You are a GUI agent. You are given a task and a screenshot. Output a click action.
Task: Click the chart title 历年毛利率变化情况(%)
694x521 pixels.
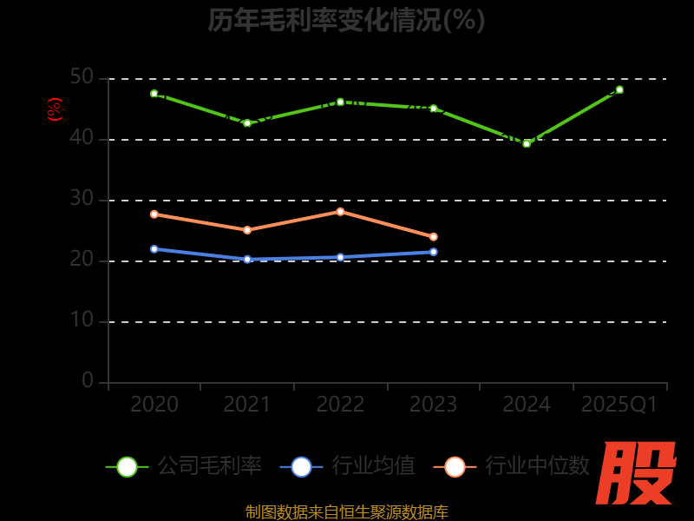point(346,19)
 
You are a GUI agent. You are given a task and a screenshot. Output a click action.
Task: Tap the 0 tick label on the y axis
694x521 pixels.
point(88,380)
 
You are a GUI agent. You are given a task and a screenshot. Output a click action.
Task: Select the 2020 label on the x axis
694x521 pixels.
point(154,405)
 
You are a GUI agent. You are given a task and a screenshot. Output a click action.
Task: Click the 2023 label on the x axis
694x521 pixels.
point(433,405)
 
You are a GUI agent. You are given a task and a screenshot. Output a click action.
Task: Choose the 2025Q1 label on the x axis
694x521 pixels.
point(619,405)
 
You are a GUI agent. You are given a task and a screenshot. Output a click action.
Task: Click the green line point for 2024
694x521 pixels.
point(527,143)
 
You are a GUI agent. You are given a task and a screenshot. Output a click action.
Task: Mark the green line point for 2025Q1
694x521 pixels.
point(619,89)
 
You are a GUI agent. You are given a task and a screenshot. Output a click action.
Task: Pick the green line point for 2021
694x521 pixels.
point(247,123)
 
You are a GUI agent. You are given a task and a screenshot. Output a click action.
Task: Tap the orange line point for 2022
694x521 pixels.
point(340,211)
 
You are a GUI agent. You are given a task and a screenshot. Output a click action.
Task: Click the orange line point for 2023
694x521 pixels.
point(434,236)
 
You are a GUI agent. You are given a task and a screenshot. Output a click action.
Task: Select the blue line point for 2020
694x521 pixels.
point(154,248)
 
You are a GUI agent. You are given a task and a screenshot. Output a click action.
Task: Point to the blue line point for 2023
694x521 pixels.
point(434,252)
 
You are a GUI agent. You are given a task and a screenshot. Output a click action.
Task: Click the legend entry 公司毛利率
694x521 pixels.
point(185,466)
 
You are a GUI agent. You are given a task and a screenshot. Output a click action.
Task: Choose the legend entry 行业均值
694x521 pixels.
point(348,466)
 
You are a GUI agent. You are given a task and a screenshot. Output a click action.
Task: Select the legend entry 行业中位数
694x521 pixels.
point(513,466)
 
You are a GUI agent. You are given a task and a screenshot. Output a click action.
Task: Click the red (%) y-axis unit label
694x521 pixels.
point(55,109)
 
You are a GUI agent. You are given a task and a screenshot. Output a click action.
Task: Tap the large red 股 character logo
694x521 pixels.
point(638,473)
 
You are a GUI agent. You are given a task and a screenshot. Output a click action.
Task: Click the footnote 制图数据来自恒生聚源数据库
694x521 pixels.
point(347,512)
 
